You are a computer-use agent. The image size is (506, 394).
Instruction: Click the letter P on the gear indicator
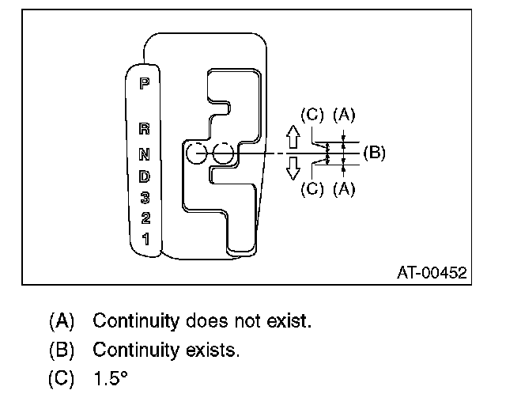click(144, 81)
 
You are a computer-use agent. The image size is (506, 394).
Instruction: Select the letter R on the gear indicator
click(144, 128)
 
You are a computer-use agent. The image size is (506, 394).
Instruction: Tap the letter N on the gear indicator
click(144, 150)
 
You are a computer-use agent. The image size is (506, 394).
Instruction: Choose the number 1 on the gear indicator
click(144, 237)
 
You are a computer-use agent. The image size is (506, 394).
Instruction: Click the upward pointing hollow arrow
click(292, 138)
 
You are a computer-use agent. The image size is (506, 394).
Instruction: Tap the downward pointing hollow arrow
click(292, 167)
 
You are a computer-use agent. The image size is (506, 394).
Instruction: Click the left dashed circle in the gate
click(197, 153)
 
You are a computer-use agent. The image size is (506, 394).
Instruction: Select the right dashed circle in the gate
click(224, 153)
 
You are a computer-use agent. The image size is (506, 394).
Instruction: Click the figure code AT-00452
click(432, 273)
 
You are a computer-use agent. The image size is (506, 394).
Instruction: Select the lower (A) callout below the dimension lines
click(344, 189)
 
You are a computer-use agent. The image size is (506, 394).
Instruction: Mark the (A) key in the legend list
click(61, 322)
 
